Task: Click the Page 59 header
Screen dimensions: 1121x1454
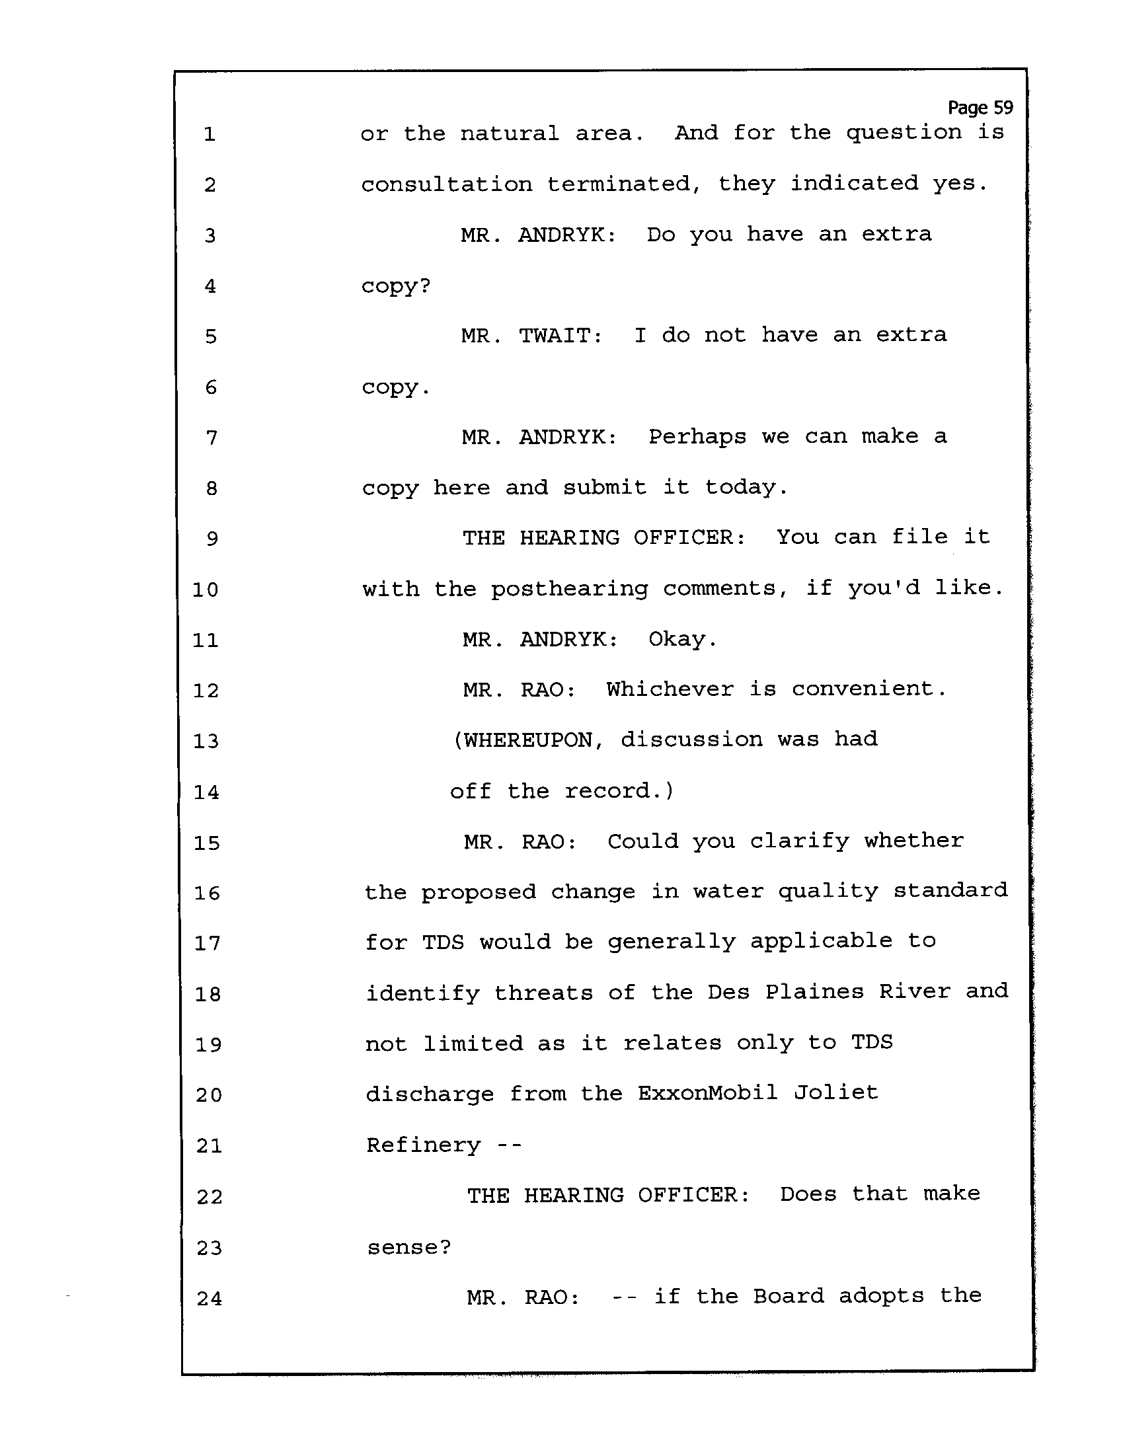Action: click(980, 108)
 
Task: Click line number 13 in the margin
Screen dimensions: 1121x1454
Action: click(206, 741)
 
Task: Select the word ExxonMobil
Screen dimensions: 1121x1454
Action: click(708, 1093)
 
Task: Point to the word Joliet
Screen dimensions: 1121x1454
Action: click(836, 1092)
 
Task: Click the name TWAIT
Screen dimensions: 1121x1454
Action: click(560, 336)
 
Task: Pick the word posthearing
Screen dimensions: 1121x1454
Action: click(569, 589)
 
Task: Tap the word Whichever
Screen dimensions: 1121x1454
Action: click(670, 689)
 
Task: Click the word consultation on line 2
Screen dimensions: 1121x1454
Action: click(447, 184)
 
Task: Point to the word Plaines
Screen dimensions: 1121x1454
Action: click(814, 991)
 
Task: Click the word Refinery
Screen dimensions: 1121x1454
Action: click(424, 1145)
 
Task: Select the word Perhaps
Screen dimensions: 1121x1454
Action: click(697, 438)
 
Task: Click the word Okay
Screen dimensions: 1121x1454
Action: click(683, 640)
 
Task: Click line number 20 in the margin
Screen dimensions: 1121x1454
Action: click(208, 1095)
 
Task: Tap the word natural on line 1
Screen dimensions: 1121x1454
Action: click(510, 134)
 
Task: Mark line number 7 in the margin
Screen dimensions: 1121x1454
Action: click(212, 438)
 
